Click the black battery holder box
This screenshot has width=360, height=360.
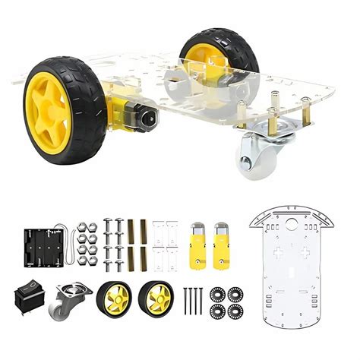pos(43,245)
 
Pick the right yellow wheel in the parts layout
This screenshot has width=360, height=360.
pos(158,298)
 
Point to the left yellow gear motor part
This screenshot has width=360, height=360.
pos(197,244)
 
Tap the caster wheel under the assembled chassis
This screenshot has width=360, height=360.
pos(254,157)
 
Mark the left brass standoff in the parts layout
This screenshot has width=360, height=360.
pos(130,243)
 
